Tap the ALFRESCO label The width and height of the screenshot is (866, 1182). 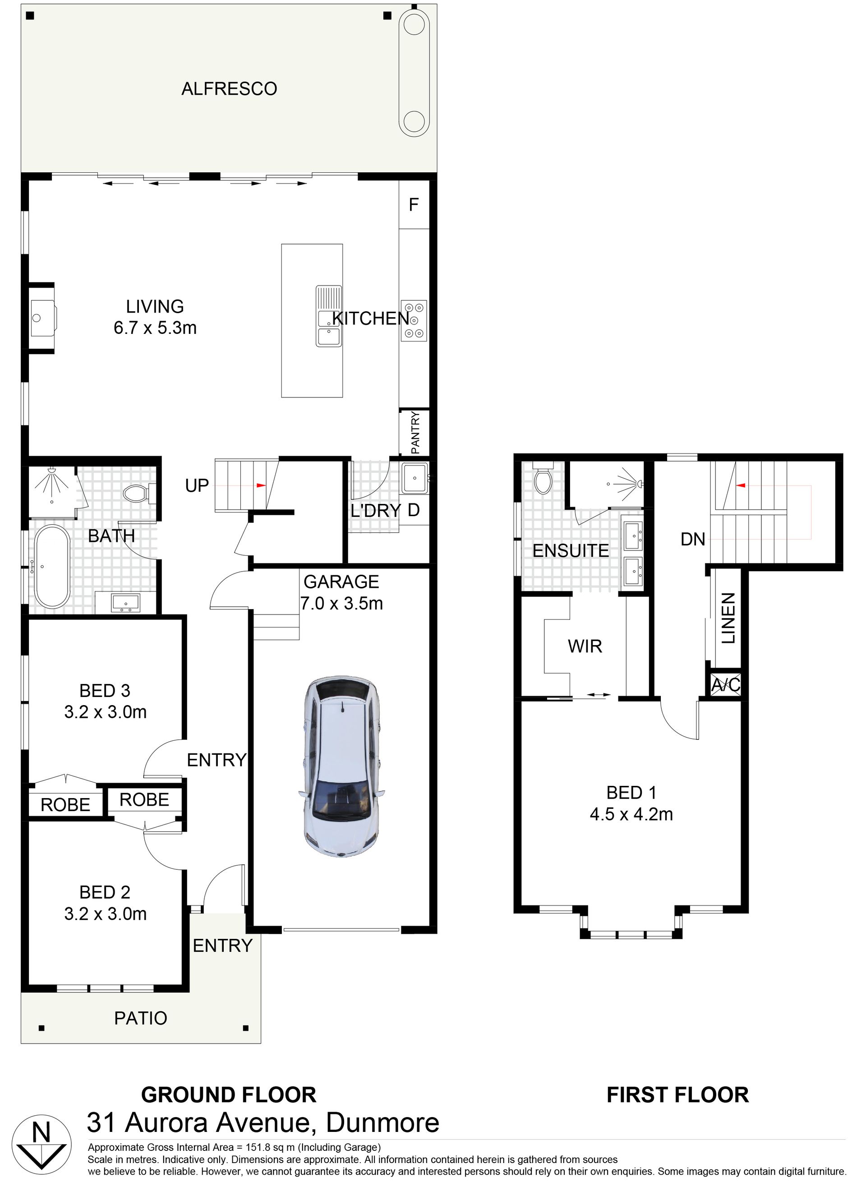click(229, 89)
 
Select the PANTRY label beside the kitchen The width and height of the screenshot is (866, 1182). click(415, 433)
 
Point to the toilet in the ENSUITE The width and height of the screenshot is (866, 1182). click(542, 477)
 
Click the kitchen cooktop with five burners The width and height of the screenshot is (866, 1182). click(414, 320)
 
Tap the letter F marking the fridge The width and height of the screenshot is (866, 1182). click(414, 204)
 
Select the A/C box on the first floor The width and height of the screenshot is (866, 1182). click(726, 685)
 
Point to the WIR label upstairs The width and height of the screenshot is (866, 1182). click(585, 646)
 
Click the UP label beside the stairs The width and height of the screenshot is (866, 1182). click(197, 486)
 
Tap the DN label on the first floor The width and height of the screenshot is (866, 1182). click(693, 539)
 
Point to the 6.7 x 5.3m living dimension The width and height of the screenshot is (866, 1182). click(155, 328)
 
